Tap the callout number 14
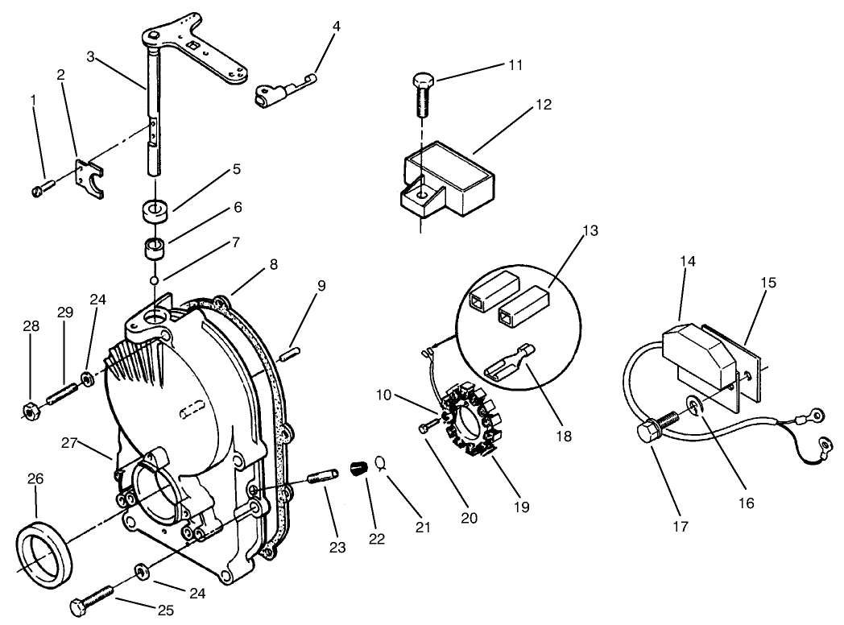coord(688,262)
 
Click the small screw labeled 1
coord(43,189)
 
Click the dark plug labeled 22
coord(358,468)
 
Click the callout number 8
coord(275,263)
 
